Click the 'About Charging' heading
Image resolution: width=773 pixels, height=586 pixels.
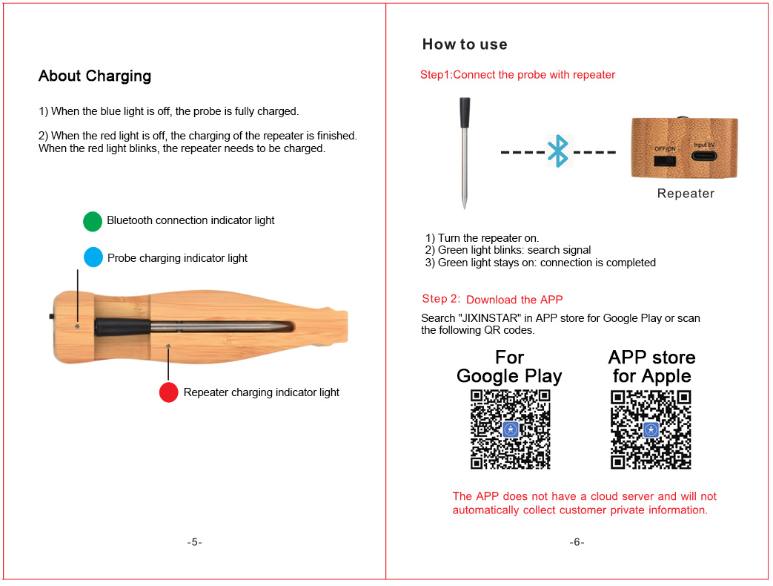[95, 76]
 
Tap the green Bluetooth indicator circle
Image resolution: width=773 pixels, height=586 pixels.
[93, 221]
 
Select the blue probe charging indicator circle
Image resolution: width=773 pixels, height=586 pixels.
[93, 257]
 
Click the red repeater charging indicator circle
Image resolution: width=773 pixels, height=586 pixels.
[169, 392]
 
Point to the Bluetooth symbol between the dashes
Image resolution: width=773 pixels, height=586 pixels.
[557, 152]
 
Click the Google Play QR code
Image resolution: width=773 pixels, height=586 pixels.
[510, 429]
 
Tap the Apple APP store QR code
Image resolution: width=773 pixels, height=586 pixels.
[651, 429]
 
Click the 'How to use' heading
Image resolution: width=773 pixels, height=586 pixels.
[465, 45]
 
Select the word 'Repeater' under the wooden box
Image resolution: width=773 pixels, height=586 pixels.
[686, 194]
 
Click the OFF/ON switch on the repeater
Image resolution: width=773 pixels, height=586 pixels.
[664, 158]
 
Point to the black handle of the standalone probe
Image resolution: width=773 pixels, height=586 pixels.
[465, 113]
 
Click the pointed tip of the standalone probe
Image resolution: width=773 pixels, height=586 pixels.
[464, 205]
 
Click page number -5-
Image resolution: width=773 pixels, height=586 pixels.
[194, 542]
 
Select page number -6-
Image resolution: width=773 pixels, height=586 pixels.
[577, 542]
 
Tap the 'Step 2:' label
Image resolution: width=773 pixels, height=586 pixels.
[441, 299]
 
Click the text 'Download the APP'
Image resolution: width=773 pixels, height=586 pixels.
[514, 300]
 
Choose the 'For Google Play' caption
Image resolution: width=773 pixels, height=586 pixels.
[509, 366]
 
